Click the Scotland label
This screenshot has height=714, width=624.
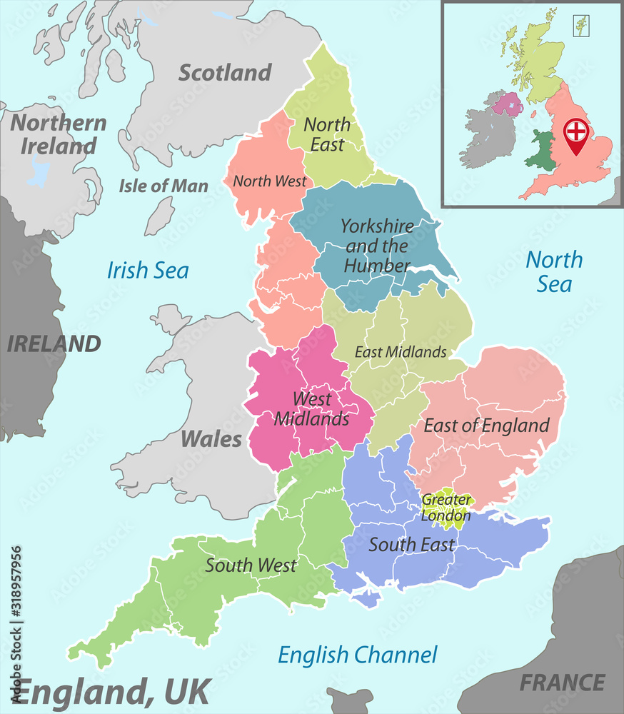[225, 72]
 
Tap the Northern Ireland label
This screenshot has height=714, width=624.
[59, 134]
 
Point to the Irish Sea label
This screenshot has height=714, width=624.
[148, 270]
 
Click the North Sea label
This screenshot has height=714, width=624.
[554, 271]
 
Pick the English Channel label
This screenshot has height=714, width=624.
[357, 654]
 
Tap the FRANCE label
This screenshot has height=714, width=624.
[562, 683]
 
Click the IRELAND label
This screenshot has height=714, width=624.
[54, 343]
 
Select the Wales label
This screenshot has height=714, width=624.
[211, 438]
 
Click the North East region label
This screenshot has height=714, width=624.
[327, 134]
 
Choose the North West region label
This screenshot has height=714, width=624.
[270, 181]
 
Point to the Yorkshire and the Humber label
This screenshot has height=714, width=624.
[376, 246]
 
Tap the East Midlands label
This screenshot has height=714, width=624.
[401, 351]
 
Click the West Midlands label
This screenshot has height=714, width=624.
[312, 408]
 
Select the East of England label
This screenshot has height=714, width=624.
[486, 426]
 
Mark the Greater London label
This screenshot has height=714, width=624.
[446, 508]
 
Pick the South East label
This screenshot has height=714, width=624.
[411, 545]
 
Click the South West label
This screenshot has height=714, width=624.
[251, 565]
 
